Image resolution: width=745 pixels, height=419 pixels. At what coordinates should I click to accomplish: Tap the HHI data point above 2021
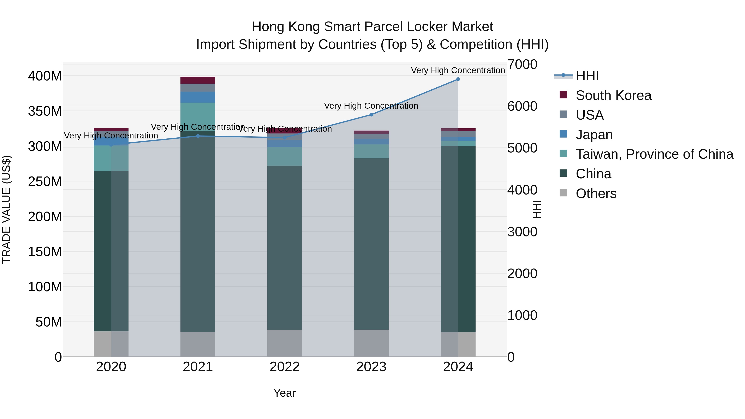tap(198, 136)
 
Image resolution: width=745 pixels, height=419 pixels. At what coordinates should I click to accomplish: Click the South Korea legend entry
tap(613, 95)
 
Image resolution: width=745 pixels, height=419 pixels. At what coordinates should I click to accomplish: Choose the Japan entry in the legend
tap(594, 135)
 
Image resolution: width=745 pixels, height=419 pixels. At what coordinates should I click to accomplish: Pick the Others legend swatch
tap(563, 193)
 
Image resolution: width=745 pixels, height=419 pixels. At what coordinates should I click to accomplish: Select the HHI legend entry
tap(587, 76)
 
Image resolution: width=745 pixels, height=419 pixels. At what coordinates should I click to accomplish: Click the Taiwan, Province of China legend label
tap(654, 154)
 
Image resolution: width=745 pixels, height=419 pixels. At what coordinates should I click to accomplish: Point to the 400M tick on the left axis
tap(45, 76)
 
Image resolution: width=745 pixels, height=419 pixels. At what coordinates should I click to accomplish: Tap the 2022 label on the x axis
tap(285, 367)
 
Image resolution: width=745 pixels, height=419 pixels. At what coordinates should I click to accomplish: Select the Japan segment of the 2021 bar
tap(198, 97)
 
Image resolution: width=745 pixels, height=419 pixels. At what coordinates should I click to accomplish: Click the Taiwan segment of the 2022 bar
tap(285, 156)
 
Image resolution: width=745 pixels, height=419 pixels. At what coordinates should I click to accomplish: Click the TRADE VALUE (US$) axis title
tap(6, 209)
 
